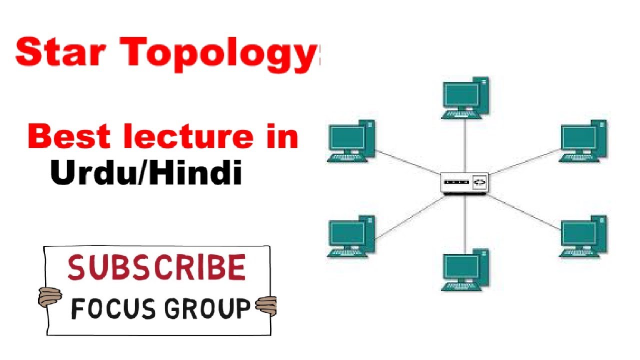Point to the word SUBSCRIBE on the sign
(156, 267)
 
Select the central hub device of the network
(464, 183)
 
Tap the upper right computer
(583, 141)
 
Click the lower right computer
(583, 236)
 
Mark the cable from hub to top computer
(465, 145)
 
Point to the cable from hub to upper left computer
(407, 161)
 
